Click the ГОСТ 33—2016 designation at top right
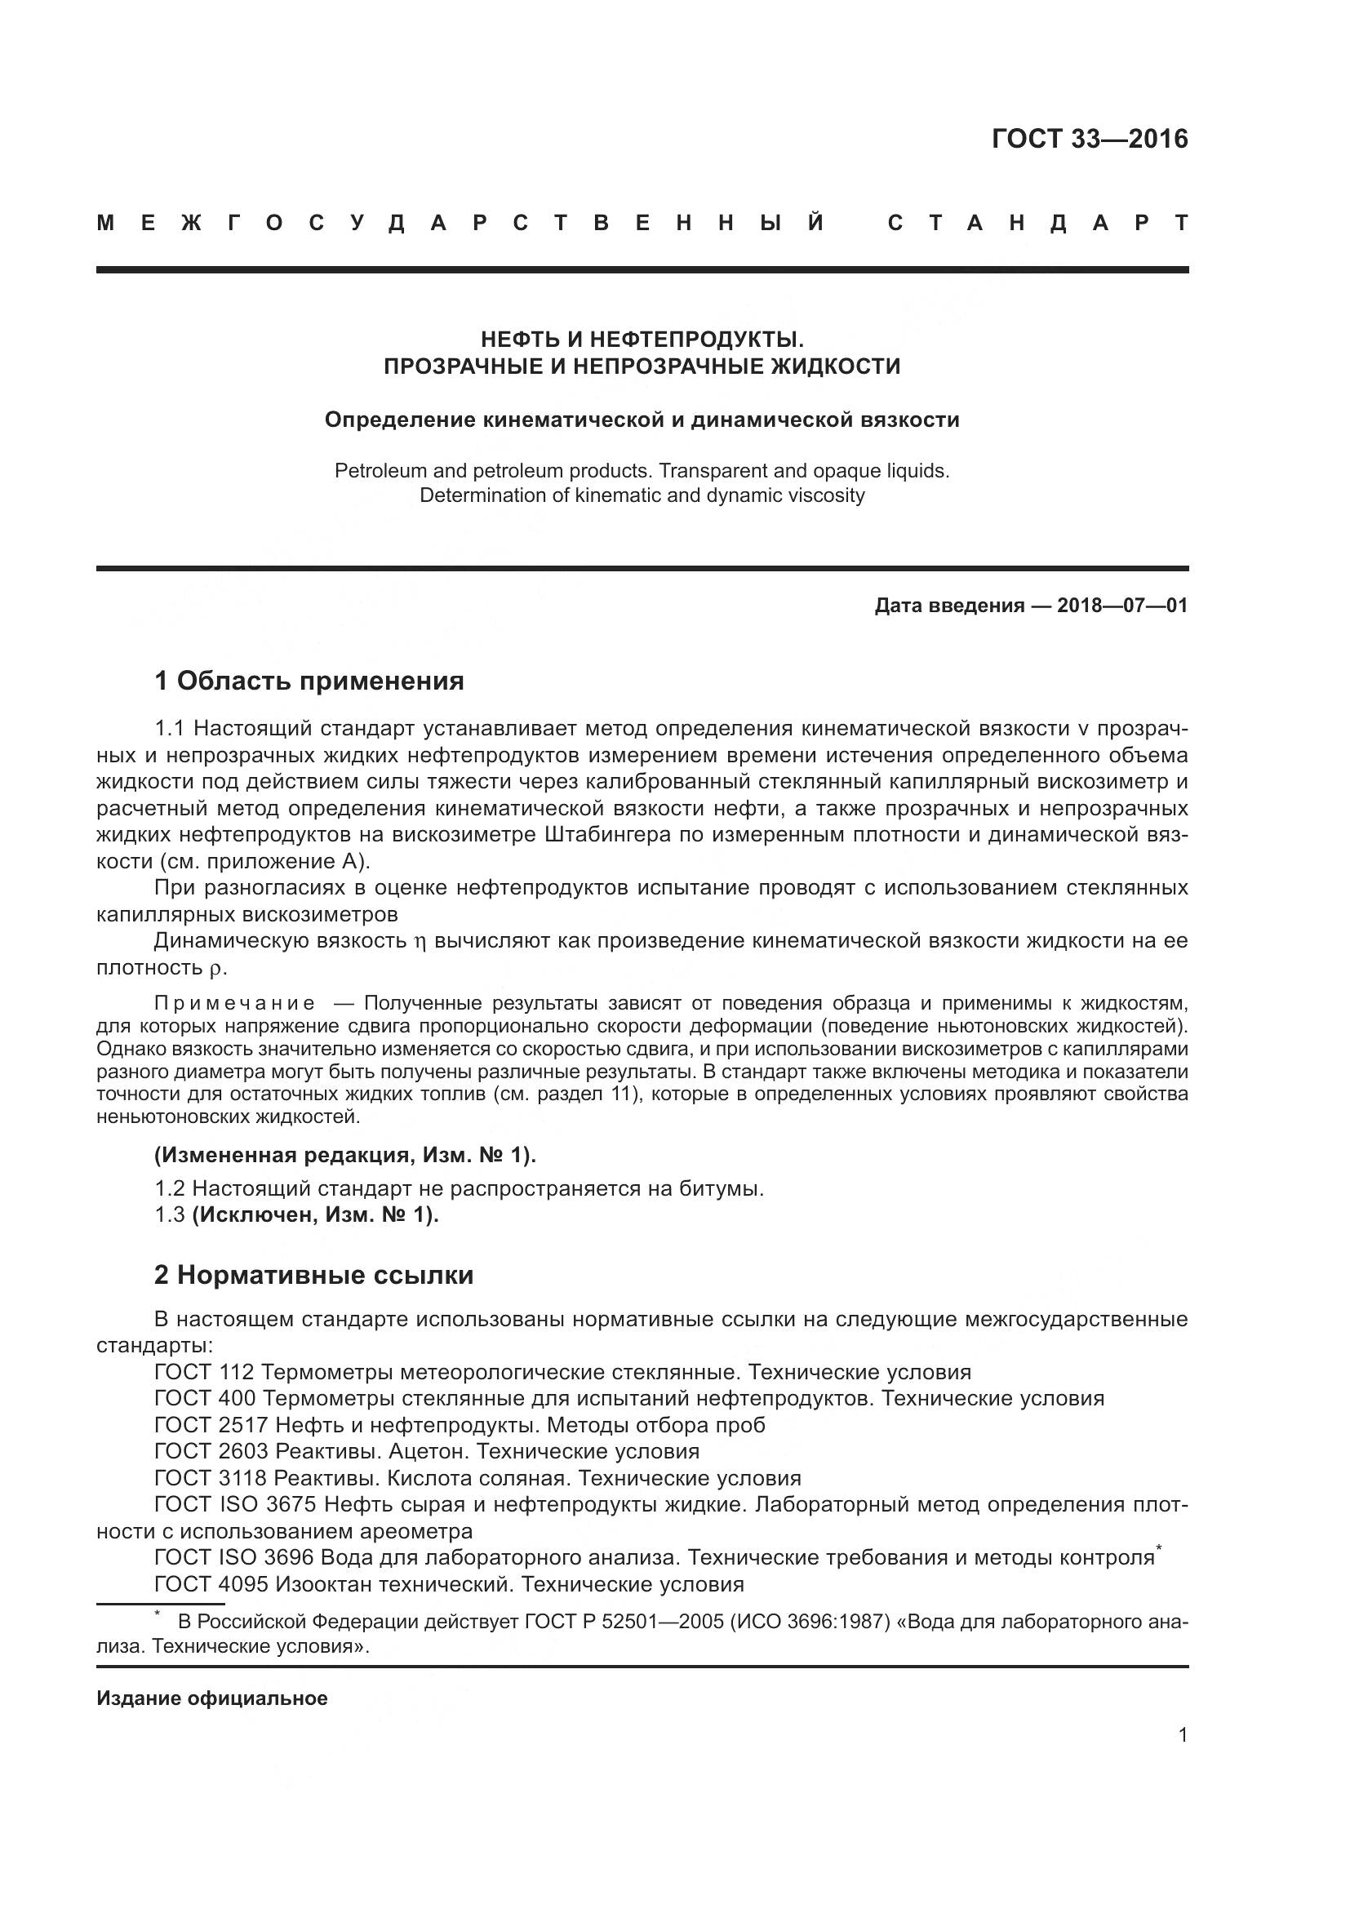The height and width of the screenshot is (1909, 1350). tap(1090, 139)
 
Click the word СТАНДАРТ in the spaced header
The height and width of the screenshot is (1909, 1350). tap(1037, 223)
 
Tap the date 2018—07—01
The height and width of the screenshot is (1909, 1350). tap(1122, 606)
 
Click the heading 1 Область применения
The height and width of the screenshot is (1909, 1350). tap(309, 681)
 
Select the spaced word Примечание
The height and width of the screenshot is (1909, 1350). tap(235, 1004)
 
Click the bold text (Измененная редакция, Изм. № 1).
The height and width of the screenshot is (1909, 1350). tap(345, 1155)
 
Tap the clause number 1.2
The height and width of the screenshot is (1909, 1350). tap(169, 1189)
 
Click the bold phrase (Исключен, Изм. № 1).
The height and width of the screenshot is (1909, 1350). tap(315, 1214)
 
